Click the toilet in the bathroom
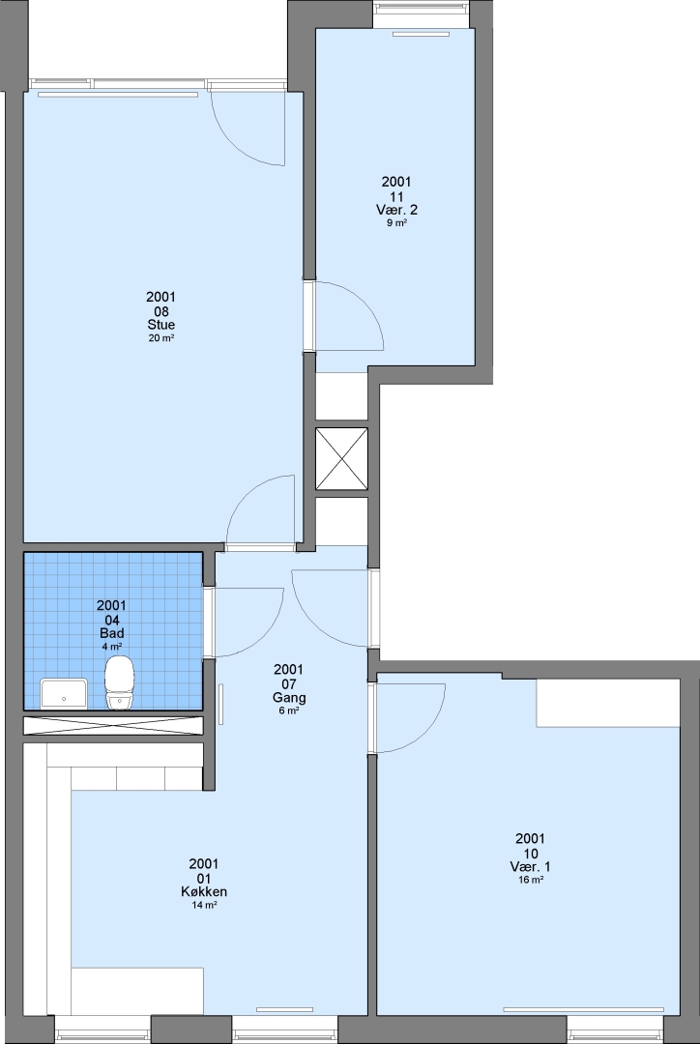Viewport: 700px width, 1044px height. point(120,682)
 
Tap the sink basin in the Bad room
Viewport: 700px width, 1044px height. point(64,694)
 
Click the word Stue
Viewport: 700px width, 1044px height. point(161,325)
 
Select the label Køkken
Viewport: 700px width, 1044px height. point(204,891)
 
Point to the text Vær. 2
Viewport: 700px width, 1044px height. point(396,210)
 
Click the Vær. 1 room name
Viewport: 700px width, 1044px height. point(530,867)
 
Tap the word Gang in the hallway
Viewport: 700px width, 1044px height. point(289,698)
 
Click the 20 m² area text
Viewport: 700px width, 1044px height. point(161,338)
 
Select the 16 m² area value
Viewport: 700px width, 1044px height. point(530,881)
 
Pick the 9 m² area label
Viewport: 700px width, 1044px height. point(396,223)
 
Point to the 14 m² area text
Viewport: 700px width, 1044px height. point(204,905)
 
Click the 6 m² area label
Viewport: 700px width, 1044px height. point(289,711)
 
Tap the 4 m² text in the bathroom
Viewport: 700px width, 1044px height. point(112,646)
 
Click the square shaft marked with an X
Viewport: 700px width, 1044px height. point(341,459)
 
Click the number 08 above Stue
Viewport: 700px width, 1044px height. point(161,311)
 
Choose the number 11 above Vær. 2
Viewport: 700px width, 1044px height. point(396,195)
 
